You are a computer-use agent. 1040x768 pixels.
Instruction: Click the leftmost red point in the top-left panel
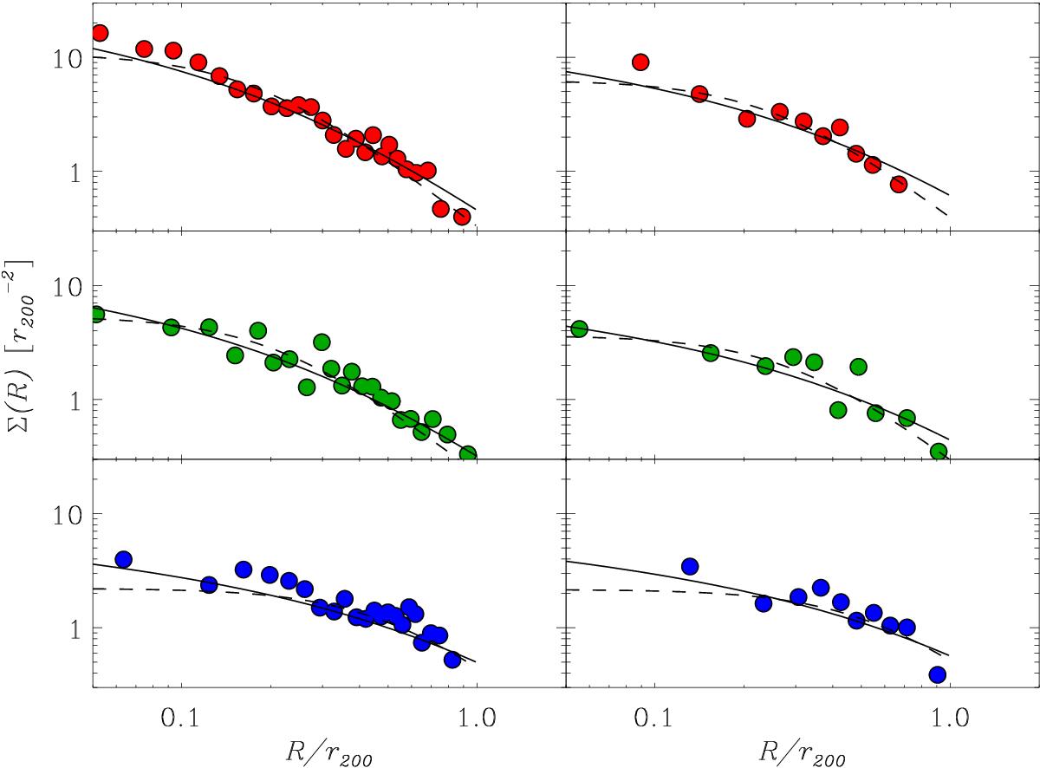click(x=100, y=33)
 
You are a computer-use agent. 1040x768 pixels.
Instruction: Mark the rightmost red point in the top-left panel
click(x=462, y=217)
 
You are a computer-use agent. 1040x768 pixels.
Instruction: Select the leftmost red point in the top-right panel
click(x=640, y=62)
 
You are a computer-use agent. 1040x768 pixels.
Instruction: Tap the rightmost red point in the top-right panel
click(x=899, y=184)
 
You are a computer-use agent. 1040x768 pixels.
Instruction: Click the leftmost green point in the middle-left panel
click(x=96, y=314)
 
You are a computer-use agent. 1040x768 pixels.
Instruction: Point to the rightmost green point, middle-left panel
click(x=468, y=454)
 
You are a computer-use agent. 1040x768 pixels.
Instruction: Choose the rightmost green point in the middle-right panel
click(x=939, y=452)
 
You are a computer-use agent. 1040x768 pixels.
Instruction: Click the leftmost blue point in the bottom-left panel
click(x=123, y=560)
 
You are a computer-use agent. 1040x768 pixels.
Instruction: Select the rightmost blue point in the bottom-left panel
click(x=452, y=660)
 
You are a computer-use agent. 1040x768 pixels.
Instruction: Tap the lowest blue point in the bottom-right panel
click(x=937, y=674)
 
